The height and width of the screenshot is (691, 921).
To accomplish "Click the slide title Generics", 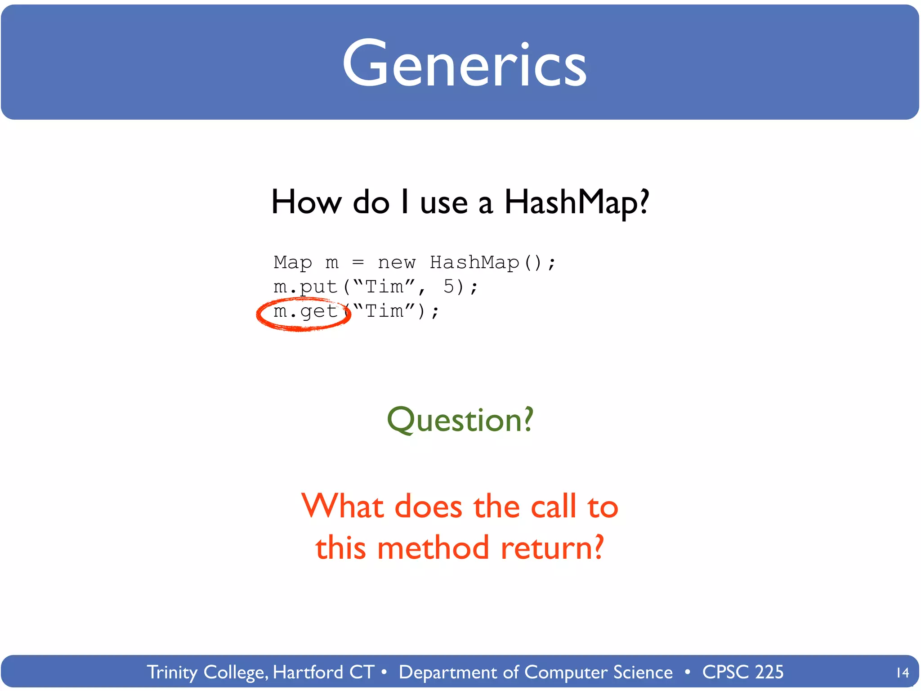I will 465,64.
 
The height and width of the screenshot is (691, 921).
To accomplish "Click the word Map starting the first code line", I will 292,263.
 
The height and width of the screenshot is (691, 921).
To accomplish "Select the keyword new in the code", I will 397,263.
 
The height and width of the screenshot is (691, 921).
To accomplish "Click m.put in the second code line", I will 305,287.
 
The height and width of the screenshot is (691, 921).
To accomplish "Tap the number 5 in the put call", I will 449,287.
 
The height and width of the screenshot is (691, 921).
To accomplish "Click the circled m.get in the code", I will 305,311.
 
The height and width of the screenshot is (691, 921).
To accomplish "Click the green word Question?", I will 460,420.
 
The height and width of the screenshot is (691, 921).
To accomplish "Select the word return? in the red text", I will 552,548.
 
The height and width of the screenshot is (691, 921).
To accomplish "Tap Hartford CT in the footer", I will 324,673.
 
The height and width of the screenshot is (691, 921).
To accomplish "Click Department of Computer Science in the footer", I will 536,673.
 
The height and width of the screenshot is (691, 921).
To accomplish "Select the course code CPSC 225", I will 743,673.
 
